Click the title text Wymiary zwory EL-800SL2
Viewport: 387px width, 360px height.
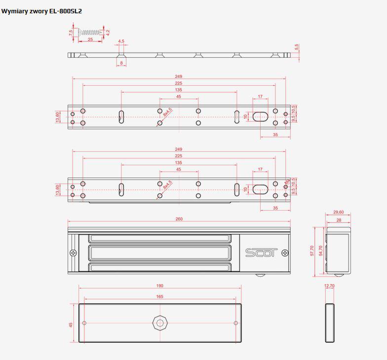tap(41, 11)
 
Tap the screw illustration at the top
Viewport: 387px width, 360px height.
tap(90, 32)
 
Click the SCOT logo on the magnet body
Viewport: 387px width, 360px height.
tap(261, 252)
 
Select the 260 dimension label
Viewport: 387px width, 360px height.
tap(179, 219)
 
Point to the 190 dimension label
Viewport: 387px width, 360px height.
tap(160, 286)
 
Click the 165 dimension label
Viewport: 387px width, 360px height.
tap(160, 296)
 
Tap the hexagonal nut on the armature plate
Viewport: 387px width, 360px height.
tap(160, 323)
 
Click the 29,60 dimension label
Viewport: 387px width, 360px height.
tap(339, 212)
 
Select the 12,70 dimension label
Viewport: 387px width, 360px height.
tap(329, 286)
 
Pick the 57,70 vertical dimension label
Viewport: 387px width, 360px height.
tap(312, 251)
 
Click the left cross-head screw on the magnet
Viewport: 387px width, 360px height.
tap(73, 252)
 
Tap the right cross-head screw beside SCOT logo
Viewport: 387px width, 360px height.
tap(285, 252)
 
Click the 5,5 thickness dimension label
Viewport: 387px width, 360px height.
tap(296, 47)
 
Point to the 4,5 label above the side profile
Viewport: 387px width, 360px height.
tap(121, 41)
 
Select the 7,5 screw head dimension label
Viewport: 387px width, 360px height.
tap(71, 33)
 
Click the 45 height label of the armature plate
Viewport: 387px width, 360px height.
tap(71, 325)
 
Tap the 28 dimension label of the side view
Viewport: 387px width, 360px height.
tap(339, 220)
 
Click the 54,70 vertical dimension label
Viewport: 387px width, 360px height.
tap(321, 251)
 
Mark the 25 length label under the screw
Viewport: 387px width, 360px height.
tap(90, 39)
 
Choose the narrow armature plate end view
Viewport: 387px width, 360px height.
tap(330, 323)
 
